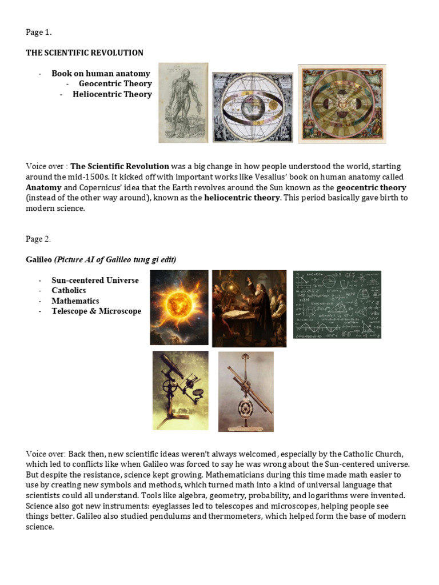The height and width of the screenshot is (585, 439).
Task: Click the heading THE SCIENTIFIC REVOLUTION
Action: click(85, 53)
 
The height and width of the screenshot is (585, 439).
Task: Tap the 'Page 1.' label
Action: click(38, 32)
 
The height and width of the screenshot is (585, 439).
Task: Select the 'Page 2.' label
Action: click(38, 239)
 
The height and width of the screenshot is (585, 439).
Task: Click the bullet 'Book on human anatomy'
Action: click(101, 73)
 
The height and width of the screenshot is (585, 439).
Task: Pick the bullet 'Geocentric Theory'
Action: click(115, 83)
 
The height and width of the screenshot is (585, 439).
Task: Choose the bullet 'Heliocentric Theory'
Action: click(112, 94)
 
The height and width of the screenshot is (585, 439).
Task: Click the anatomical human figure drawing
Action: click(183, 103)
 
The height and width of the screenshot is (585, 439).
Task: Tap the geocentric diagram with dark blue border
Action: click(253, 107)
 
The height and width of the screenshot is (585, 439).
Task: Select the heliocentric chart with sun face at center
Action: click(342, 103)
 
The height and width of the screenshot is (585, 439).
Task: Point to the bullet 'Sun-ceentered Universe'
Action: click(95, 280)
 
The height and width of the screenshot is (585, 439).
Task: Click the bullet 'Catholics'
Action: click(69, 290)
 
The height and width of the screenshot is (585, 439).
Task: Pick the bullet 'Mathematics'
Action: click(75, 300)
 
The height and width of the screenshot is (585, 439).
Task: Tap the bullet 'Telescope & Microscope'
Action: click(96, 311)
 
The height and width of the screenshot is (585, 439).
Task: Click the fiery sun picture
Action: click(179, 307)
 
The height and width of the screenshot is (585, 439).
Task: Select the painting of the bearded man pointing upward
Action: click(249, 308)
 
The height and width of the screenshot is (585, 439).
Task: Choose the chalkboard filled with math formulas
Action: click(337, 304)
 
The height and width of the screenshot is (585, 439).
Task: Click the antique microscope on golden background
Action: click(180, 390)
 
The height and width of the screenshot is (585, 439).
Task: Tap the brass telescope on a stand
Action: click(245, 391)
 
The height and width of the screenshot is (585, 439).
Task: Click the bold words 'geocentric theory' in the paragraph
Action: click(371, 187)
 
